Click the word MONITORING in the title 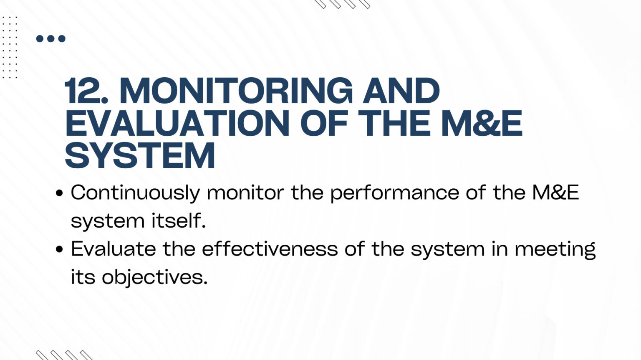pos(236,91)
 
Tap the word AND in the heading pos(401,91)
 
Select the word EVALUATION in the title pos(177,123)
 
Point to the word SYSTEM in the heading pos(140,155)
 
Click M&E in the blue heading pos(482,123)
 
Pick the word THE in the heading pos(394,123)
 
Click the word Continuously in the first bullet pos(135,193)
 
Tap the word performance pos(395,193)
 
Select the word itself pos(179,221)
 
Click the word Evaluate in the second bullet pos(114,249)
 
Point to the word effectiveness pos(270,249)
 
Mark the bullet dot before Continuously pos(59,193)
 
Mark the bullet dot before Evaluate pos(59,249)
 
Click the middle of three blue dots pos(50,39)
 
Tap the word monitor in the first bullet pos(245,193)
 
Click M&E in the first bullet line pos(555,193)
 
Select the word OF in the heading pos(324,123)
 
